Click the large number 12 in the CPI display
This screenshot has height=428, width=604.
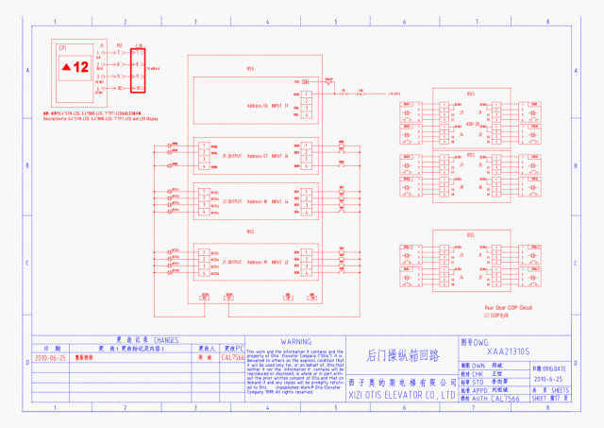(81, 67)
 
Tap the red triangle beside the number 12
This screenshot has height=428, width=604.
(66, 68)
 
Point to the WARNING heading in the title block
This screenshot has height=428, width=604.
(296, 341)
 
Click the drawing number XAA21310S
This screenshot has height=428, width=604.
(501, 351)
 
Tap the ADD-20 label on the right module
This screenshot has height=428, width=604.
(471, 123)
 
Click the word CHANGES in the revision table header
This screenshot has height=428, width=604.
(160, 338)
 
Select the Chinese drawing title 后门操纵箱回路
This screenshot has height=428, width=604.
(403, 356)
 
